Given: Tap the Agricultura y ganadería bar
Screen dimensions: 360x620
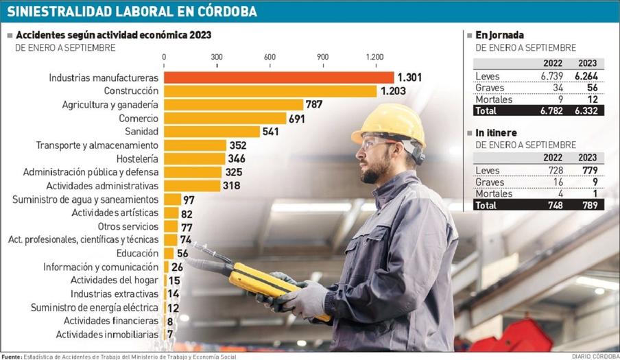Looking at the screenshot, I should click(233, 105).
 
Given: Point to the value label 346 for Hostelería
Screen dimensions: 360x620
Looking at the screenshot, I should click(239, 158).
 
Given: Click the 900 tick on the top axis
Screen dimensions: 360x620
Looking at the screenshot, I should click(322, 57).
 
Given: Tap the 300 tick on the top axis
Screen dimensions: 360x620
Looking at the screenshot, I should click(217, 57).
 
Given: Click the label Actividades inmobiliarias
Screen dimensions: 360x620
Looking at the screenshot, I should click(107, 335).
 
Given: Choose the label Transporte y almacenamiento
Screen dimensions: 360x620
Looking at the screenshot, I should click(97, 145).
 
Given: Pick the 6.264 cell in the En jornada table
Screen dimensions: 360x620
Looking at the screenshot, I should click(584, 76).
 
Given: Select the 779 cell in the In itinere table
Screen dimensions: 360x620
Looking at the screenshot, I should click(587, 170).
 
